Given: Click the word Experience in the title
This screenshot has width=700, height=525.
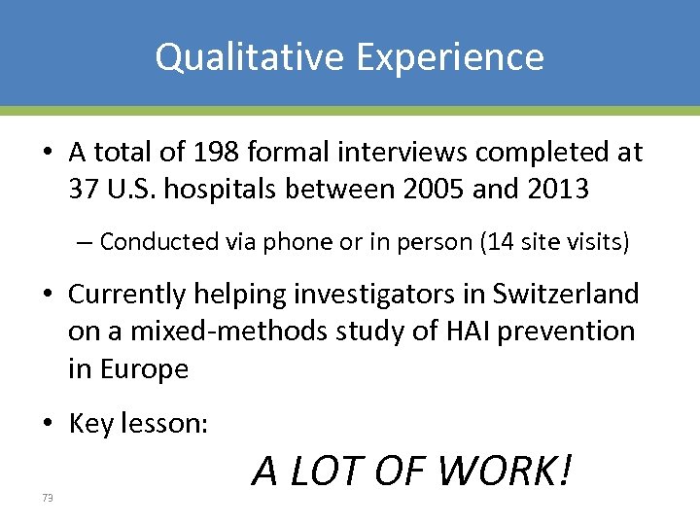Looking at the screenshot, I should (x=449, y=56).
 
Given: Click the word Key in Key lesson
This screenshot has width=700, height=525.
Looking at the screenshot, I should (x=90, y=424).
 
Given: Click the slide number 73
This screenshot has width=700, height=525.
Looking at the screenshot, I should (x=47, y=498).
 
